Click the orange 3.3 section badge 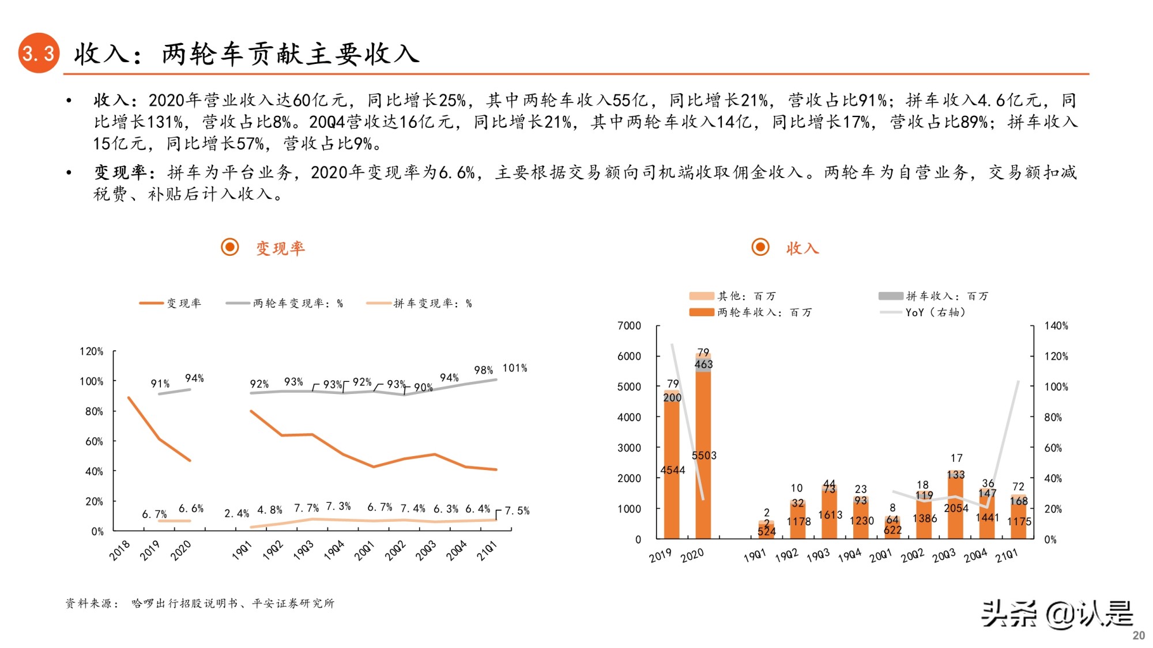click(x=39, y=53)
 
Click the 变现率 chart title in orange click(x=280, y=248)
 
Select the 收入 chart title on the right click(x=802, y=248)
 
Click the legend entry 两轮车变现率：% click(x=297, y=304)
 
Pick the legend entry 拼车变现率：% click(x=432, y=304)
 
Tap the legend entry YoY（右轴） click(x=935, y=312)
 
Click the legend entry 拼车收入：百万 click(x=947, y=296)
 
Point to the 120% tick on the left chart click(x=91, y=351)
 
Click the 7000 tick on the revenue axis click(x=629, y=326)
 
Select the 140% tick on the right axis click(x=1056, y=326)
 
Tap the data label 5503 click(x=704, y=456)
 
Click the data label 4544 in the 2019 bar click(x=672, y=470)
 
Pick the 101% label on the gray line click(x=514, y=368)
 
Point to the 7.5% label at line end click(x=517, y=511)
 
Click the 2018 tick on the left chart click(x=120, y=551)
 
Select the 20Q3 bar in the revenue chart click(x=955, y=507)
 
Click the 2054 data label click(x=956, y=508)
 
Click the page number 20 click(x=1138, y=635)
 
